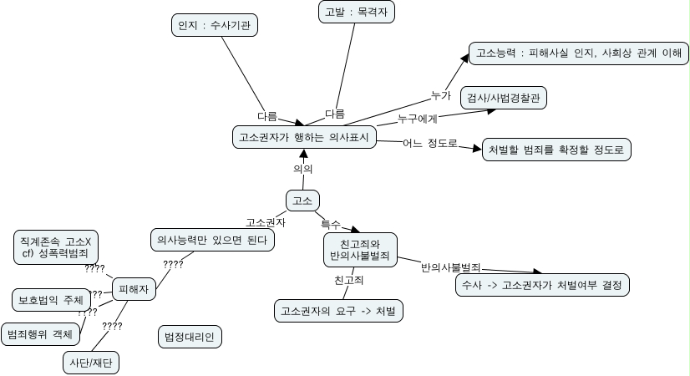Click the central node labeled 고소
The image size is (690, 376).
coord(302,201)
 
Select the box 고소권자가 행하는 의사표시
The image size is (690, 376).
coord(303,137)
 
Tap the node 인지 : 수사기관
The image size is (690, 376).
coord(214,26)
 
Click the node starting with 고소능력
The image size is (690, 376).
coord(578,53)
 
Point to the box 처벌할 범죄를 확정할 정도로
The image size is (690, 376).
coord(556,150)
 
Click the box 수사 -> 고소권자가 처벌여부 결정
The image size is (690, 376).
coord(541,285)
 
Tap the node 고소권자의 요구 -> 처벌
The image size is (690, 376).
coord(338,311)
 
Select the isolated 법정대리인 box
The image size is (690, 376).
coord(190,337)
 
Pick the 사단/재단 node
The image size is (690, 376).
coord(92,362)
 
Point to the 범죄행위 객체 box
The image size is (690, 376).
coord(40,334)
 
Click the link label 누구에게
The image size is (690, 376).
coord(417,118)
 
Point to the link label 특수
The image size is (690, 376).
coord(331,223)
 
